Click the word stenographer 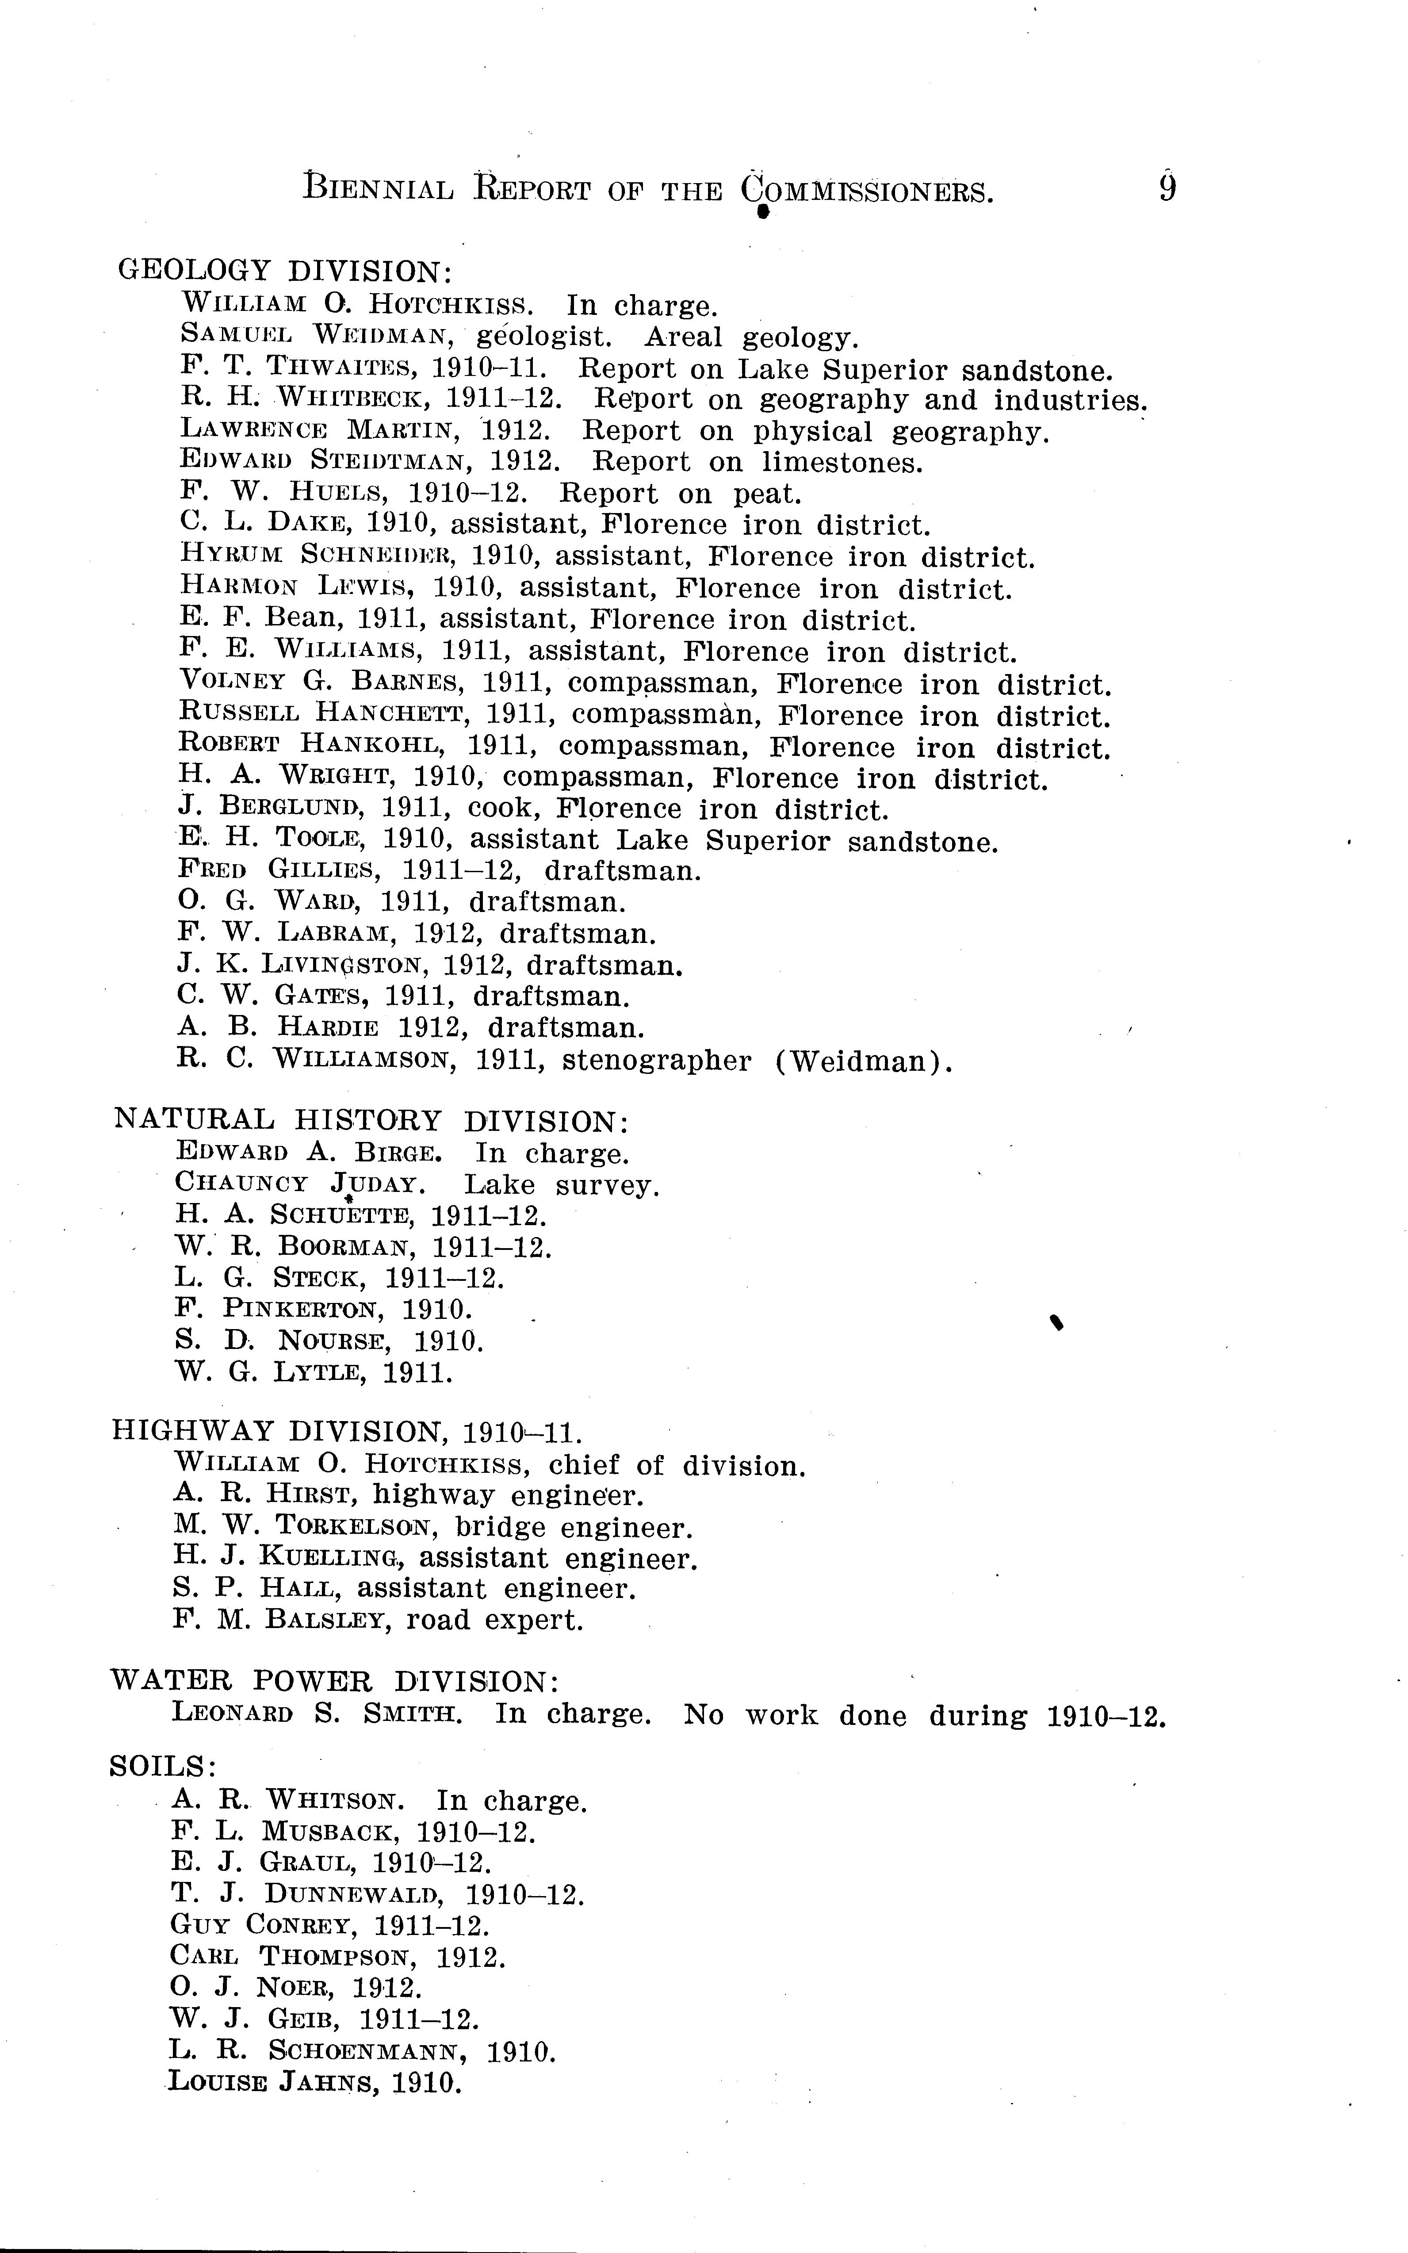point(657,1061)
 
